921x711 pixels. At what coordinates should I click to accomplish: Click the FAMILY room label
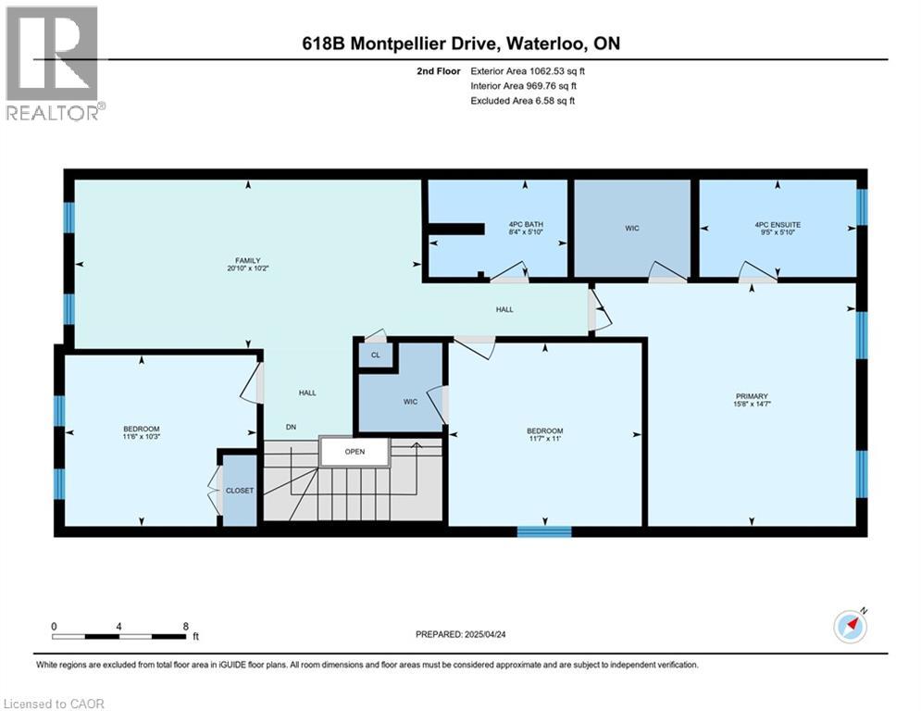245,261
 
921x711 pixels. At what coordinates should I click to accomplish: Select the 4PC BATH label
524,225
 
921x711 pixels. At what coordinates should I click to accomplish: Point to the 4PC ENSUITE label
776,225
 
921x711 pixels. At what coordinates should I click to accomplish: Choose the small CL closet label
376,355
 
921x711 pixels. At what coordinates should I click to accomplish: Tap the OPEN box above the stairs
355,452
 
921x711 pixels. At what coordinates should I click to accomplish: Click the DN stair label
291,427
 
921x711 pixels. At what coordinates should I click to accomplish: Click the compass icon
850,627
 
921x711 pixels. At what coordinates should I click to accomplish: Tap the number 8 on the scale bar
186,626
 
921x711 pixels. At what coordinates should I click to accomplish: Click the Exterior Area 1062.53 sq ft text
528,69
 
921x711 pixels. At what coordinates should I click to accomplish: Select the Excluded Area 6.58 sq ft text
523,100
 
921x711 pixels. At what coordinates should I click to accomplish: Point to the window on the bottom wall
544,531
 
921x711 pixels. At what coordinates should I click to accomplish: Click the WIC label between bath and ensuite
632,228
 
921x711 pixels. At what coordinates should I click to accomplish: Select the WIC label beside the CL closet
410,401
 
